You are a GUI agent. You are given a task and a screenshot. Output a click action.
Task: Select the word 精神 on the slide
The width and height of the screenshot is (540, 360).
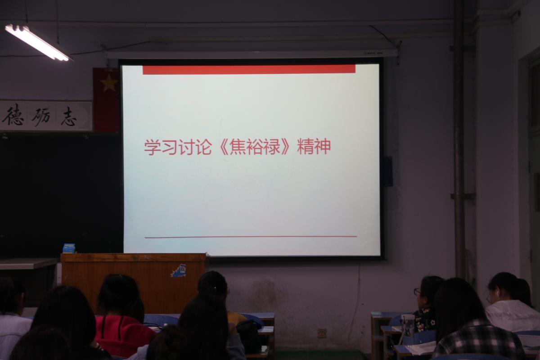tap(314, 147)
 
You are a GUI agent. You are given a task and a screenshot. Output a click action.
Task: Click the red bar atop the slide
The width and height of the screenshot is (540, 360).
tap(249, 69)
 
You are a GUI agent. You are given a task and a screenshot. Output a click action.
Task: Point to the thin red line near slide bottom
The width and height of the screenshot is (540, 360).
tap(251, 237)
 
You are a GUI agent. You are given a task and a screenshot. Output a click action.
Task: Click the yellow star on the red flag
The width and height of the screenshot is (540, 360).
tap(109, 83)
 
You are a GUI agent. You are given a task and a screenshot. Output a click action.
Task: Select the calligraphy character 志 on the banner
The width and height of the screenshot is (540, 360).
tap(69, 117)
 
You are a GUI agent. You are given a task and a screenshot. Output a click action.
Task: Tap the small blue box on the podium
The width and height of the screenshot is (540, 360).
tap(69, 248)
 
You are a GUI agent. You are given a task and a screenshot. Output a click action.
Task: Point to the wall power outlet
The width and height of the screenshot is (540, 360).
tap(322, 333)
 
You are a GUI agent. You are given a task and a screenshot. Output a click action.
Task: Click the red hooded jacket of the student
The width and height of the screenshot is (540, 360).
tap(123, 335)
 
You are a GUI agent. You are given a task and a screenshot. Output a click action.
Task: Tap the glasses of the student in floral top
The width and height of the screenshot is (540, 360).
tap(417, 292)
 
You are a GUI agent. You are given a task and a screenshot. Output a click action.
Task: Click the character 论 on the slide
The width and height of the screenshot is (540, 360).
tap(203, 147)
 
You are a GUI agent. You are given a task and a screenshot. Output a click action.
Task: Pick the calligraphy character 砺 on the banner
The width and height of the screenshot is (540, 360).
tap(41, 117)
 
